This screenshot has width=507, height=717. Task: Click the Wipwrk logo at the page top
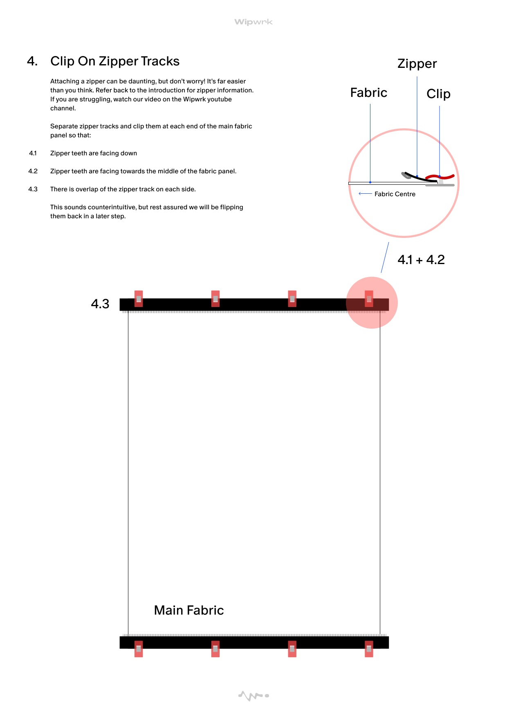(x=253, y=22)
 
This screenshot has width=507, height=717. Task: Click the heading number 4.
(x=32, y=61)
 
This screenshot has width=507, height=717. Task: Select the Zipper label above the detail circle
(x=417, y=64)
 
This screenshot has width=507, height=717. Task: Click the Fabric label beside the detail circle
(x=369, y=93)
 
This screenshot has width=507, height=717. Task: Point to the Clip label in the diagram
(x=438, y=94)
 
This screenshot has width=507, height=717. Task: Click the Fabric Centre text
(x=395, y=194)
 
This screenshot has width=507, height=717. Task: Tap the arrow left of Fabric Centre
(x=365, y=194)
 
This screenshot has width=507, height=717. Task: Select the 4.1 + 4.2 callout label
(x=421, y=260)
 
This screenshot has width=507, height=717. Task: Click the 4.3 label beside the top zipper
(x=100, y=304)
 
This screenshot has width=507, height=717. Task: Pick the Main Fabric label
(x=189, y=610)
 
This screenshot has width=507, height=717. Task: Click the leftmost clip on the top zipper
(x=139, y=299)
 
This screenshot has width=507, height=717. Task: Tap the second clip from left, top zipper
(x=215, y=299)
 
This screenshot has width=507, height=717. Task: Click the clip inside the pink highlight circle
(x=369, y=299)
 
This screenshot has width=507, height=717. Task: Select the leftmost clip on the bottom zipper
(x=139, y=649)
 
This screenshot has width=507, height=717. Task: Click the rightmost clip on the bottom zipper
(x=369, y=649)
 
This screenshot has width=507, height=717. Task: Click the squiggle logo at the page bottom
(x=253, y=695)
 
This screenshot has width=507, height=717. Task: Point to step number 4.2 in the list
(x=33, y=171)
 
